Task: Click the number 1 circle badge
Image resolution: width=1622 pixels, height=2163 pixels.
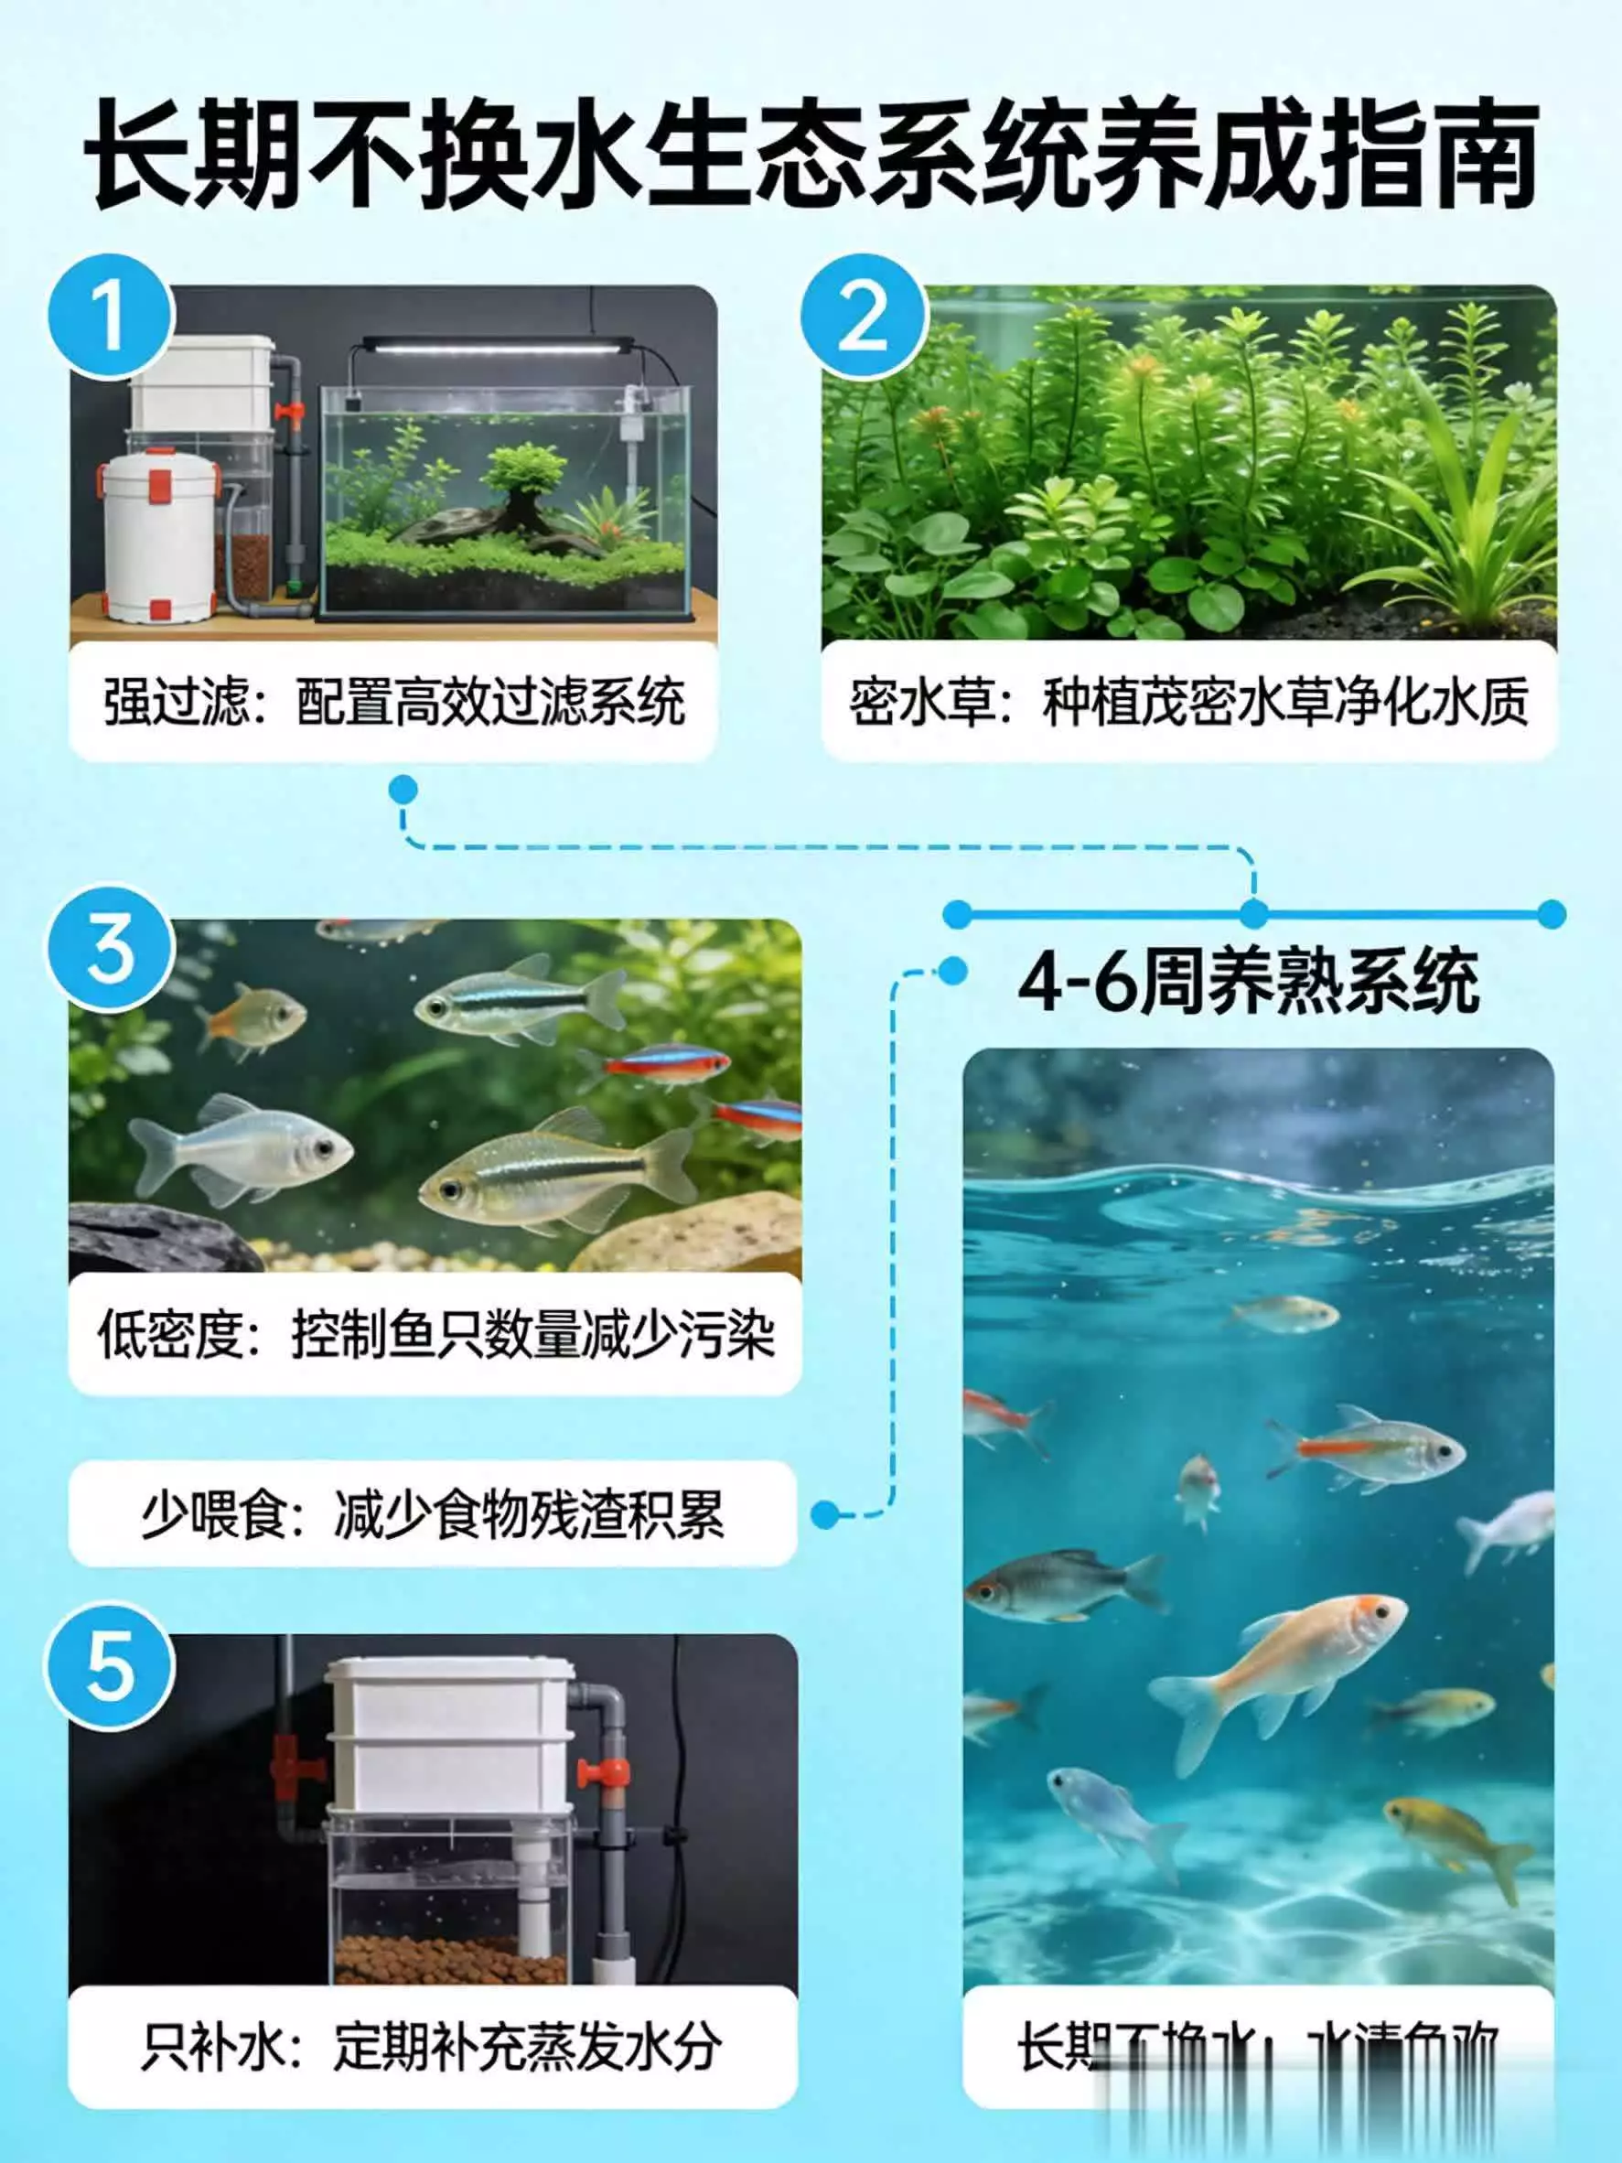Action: click(x=110, y=316)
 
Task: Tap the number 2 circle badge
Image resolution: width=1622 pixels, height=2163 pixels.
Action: click(x=863, y=316)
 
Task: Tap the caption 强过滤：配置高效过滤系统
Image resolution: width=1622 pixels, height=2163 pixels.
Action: click(x=393, y=701)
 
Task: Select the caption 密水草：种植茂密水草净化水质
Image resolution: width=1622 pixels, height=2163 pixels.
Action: click(x=1187, y=701)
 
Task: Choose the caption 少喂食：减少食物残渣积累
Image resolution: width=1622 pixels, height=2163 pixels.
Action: click(x=432, y=1514)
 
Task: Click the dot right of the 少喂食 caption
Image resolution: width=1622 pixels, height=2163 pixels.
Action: click(x=825, y=1514)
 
